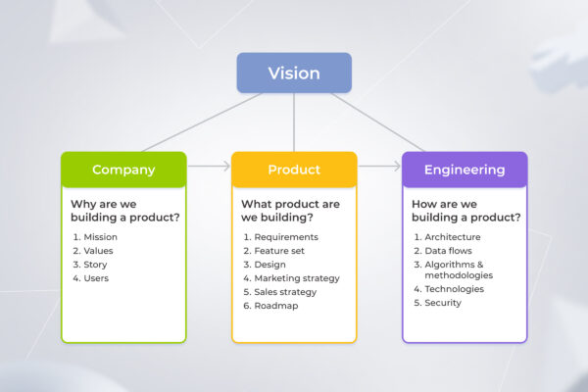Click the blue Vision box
(294, 73)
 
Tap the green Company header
(123, 170)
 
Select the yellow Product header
(294, 170)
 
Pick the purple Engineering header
(465, 170)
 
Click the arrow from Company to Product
(209, 167)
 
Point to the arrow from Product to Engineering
(379, 167)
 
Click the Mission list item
(100, 237)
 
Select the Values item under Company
(98, 251)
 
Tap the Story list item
(96, 265)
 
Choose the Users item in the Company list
(96, 278)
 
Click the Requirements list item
(285, 237)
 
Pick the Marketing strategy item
(296, 278)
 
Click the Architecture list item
(453, 237)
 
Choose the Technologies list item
(454, 289)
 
